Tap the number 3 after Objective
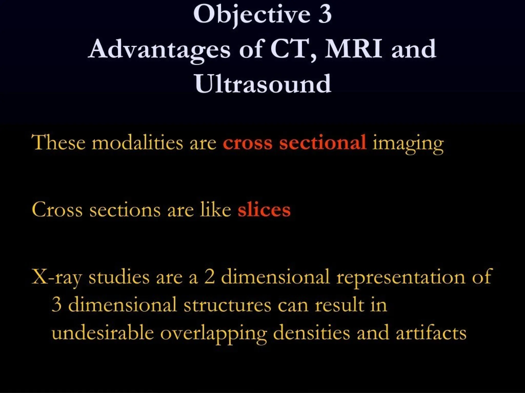[x=325, y=15]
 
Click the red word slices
[x=264, y=210]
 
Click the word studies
[x=119, y=277]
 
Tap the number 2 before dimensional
[x=209, y=277]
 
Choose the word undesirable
[x=103, y=333]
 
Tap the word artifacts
[x=431, y=333]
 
